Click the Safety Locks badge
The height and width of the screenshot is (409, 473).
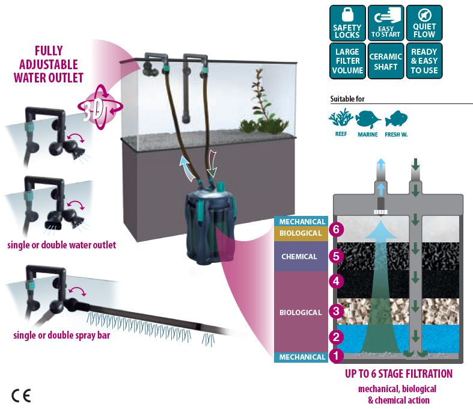tap(347, 23)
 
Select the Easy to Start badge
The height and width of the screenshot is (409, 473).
tap(385, 23)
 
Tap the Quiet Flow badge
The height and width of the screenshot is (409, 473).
tap(424, 23)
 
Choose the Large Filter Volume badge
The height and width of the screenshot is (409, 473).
tap(347, 61)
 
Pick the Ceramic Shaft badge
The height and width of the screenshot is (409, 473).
tap(385, 61)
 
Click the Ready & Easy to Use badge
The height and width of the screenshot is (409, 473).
tap(424, 61)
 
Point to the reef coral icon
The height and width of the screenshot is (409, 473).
tap(341, 117)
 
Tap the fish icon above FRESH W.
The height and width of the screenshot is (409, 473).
tap(396, 117)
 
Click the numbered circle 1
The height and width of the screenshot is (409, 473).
tap(335, 356)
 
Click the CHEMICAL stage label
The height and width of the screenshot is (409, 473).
tap(299, 257)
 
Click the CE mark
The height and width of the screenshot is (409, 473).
tap(20, 395)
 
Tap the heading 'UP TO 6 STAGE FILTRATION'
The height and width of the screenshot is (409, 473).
tap(398, 374)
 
